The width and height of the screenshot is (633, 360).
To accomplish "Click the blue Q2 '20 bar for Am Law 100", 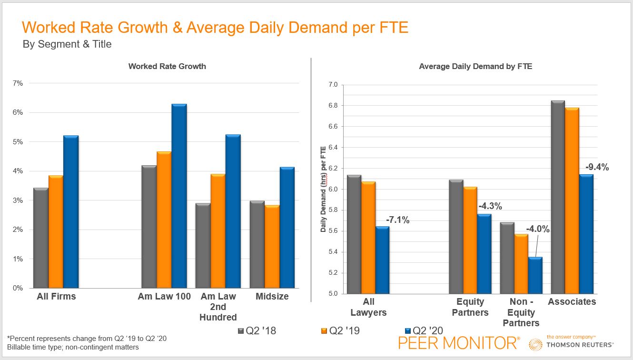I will click(179, 196).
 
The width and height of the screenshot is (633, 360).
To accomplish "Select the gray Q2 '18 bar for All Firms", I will click(41, 238).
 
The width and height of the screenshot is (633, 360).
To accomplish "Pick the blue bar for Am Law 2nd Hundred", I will click(233, 211).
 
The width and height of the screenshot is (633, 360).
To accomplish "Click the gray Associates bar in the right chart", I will click(557, 197).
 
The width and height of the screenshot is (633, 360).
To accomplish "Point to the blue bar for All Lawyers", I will click(382, 260).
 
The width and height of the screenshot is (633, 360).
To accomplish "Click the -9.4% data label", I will click(597, 167).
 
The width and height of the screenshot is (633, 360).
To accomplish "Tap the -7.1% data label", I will click(397, 220).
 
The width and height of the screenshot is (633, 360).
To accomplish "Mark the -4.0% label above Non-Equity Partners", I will click(538, 229).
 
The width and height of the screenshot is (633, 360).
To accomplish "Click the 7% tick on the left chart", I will click(18, 83).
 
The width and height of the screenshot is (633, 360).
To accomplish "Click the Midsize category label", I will click(272, 296).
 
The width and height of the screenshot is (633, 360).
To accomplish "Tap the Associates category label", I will click(572, 301).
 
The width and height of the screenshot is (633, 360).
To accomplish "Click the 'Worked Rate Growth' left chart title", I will click(167, 66).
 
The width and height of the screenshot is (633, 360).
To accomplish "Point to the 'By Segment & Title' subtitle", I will click(67, 44).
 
